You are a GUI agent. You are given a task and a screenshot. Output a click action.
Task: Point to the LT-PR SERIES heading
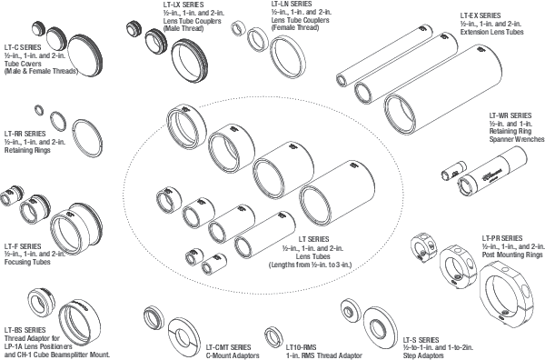[x=502, y=238]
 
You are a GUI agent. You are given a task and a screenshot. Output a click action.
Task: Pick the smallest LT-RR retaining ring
[x=37, y=111]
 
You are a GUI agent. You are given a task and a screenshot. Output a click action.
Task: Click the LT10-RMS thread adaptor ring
[x=271, y=335]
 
